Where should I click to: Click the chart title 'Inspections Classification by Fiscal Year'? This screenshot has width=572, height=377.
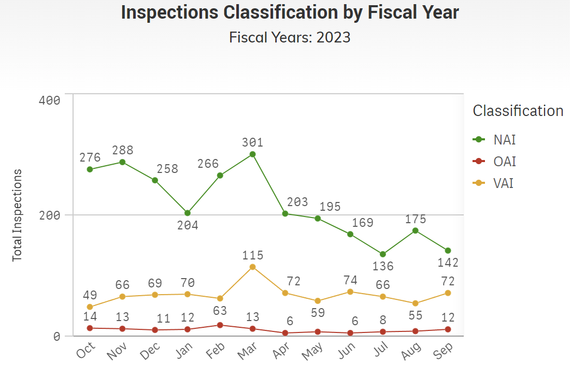tap(290, 13)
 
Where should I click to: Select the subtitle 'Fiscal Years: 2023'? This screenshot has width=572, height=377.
tap(290, 37)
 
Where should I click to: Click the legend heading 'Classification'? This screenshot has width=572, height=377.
tap(518, 111)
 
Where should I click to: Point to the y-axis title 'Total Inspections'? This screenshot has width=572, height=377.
tap(18, 215)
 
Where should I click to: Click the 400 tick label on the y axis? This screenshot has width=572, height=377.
tap(50, 100)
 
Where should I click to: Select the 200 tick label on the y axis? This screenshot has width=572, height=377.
tap(50, 215)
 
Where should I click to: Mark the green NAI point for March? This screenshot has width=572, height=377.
tap(252, 154)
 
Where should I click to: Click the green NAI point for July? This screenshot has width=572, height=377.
tap(383, 254)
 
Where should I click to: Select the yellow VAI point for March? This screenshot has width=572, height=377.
tap(252, 267)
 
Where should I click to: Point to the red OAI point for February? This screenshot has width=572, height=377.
tap(220, 325)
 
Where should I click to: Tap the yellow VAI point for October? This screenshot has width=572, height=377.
tap(90, 307)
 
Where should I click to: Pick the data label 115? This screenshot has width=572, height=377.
tap(252, 255)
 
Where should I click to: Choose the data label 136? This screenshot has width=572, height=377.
tap(383, 266)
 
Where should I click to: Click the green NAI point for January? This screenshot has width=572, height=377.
tap(188, 213)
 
